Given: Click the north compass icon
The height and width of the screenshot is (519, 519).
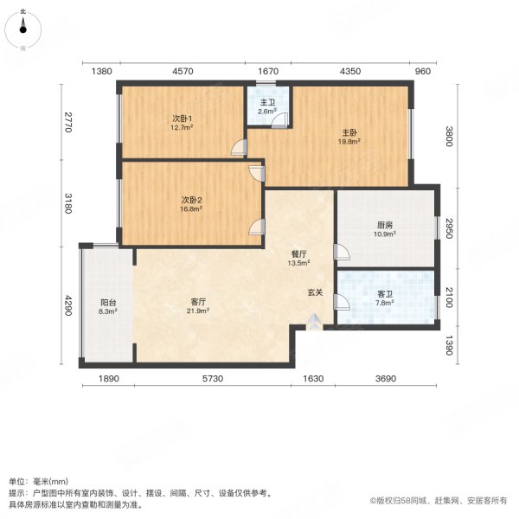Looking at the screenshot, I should (x=23, y=30).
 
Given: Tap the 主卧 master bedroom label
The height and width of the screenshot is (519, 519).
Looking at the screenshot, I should (x=349, y=133).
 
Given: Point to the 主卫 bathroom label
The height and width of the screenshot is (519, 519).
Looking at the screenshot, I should (x=268, y=102).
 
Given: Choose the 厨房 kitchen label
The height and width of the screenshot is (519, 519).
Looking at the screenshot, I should (x=384, y=225).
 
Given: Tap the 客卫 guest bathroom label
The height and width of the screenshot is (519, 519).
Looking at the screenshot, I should (x=385, y=295).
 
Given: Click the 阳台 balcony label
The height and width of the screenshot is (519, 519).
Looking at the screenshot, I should (x=108, y=302).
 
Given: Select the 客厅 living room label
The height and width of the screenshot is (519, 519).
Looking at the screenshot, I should (x=198, y=302).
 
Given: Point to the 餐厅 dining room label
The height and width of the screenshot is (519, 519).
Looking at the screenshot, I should (x=299, y=254).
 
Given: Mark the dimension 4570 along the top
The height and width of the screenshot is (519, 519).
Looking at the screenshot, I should (x=183, y=72).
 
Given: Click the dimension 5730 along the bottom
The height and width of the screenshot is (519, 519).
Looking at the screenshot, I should (x=213, y=379).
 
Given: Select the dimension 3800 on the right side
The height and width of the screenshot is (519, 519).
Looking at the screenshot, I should (x=449, y=136).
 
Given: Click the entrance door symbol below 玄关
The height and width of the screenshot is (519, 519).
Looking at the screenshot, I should (x=314, y=324).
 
